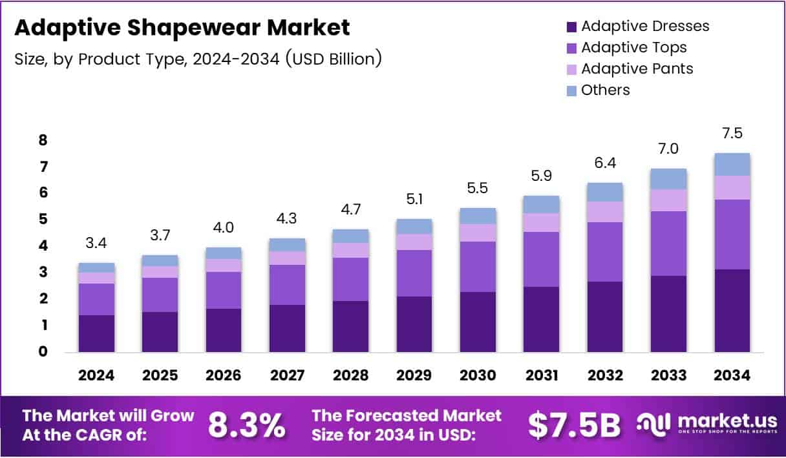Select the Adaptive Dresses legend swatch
tap(571, 26)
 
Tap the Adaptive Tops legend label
tap(633, 47)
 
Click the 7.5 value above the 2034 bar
tap(732, 134)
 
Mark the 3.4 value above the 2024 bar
tap(96, 244)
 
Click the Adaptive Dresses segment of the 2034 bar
tap(732, 311)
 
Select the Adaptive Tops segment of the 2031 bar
tap(541, 259)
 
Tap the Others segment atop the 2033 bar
tap(668, 179)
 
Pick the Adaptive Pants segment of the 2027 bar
tap(287, 258)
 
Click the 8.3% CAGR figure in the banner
tap(246, 425)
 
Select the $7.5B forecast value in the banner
tap(574, 425)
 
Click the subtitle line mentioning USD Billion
tap(197, 59)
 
